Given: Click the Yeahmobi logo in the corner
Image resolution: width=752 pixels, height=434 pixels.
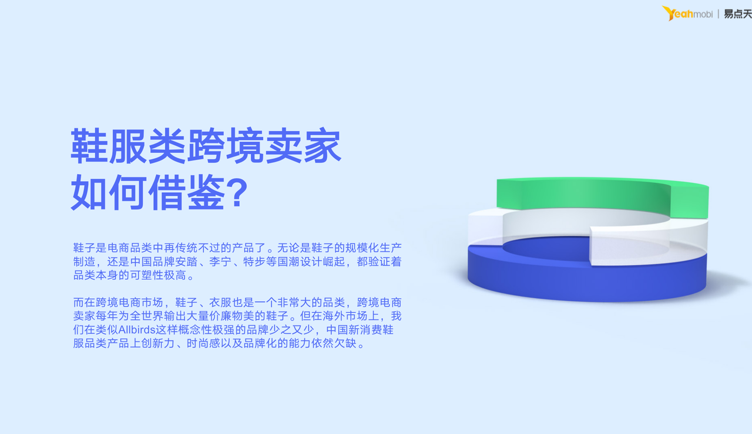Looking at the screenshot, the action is (x=687, y=14).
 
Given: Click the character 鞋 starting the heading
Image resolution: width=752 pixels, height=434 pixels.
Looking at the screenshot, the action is (x=89, y=146).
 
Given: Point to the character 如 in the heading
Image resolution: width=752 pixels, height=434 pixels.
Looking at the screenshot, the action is (x=89, y=193).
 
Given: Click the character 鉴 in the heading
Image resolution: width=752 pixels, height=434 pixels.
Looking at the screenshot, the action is (x=206, y=193).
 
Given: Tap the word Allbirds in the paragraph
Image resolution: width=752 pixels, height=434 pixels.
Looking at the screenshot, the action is (x=137, y=329).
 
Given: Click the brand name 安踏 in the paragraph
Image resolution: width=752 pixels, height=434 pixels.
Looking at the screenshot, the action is (x=186, y=261).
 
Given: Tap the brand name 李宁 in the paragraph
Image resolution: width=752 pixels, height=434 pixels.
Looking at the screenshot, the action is (x=220, y=261).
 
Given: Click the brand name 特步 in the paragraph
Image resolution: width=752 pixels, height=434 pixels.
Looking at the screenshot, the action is (x=254, y=261).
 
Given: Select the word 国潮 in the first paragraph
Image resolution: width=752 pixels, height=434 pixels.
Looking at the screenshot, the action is (x=288, y=261).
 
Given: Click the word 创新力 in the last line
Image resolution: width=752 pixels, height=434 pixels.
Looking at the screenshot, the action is (x=158, y=343).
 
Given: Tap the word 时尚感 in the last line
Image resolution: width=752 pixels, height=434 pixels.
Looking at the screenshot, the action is (x=203, y=343).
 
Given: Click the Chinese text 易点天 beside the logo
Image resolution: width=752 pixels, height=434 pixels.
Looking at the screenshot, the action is (x=738, y=14).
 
